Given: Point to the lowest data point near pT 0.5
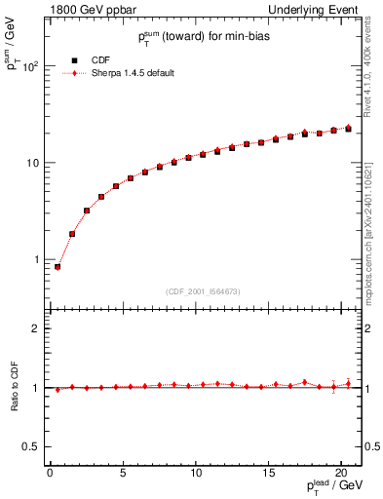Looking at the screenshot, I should click(57, 266).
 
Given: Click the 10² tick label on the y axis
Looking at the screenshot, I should click(33, 66).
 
